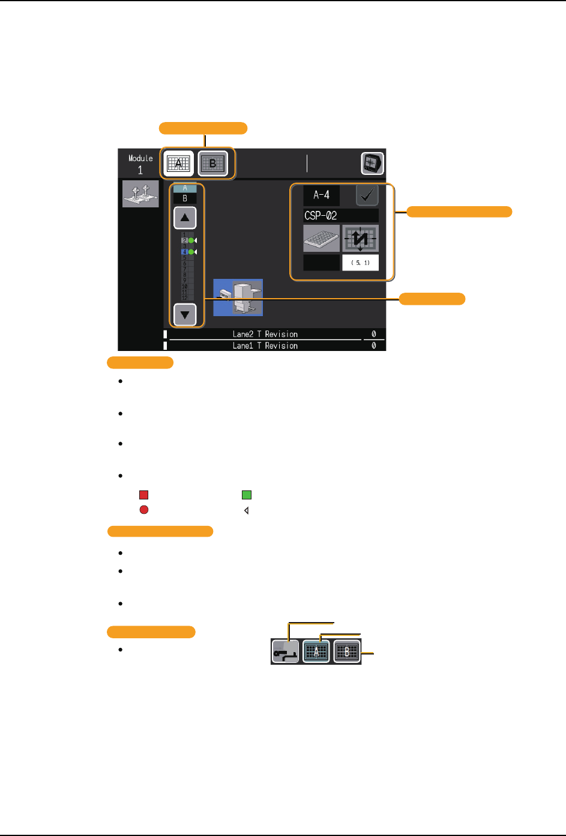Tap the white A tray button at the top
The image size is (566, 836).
[178, 163]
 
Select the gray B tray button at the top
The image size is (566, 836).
[212, 163]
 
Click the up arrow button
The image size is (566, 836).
[185, 218]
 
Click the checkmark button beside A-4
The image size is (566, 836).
[367, 195]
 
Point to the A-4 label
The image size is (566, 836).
[321, 195]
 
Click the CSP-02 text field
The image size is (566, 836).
[340, 215]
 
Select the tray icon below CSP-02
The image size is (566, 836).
[321, 239]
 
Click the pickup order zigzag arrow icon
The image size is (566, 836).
[360, 239]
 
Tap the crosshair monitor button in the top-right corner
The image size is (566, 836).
[372, 163]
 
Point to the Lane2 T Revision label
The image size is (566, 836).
[265, 334]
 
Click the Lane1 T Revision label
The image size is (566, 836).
[265, 346]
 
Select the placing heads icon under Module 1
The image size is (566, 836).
[140, 194]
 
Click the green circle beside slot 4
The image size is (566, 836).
[191, 252]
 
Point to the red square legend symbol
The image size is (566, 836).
[144, 495]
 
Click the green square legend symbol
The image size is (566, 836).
[247, 495]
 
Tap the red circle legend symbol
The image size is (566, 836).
[144, 510]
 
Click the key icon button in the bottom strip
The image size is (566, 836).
[285, 651]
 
